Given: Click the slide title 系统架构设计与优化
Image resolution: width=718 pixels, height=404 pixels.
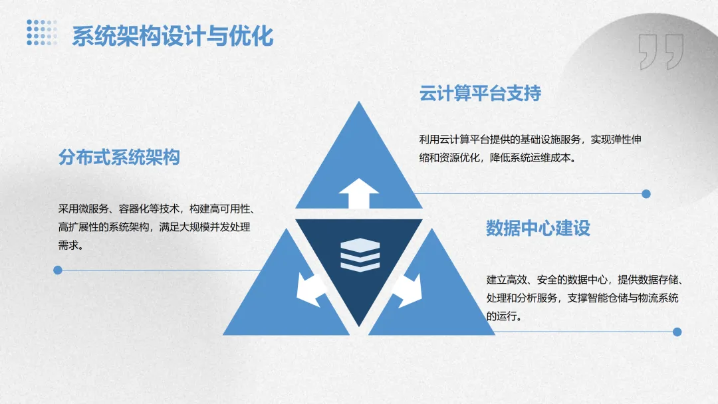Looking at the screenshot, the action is [x=172, y=36].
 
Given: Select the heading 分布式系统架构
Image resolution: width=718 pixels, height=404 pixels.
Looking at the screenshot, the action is [x=119, y=157].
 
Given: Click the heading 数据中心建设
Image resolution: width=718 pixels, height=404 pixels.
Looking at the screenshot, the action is [x=538, y=228].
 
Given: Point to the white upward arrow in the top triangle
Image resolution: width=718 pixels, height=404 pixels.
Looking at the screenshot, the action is [x=359, y=193].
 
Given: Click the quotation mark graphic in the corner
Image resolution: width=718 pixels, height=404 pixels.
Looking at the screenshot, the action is [x=660, y=52].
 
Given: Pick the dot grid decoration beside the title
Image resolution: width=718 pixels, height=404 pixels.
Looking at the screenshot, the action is [x=42, y=33].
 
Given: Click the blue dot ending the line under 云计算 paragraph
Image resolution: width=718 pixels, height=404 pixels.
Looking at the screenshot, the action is [x=646, y=194].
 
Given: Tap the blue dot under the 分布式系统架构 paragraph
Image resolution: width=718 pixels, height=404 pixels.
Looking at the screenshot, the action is [x=58, y=270].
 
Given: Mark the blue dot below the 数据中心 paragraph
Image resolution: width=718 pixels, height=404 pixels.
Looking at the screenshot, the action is [x=677, y=332].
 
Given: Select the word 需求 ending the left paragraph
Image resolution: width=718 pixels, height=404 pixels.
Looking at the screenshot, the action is [x=69, y=245].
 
